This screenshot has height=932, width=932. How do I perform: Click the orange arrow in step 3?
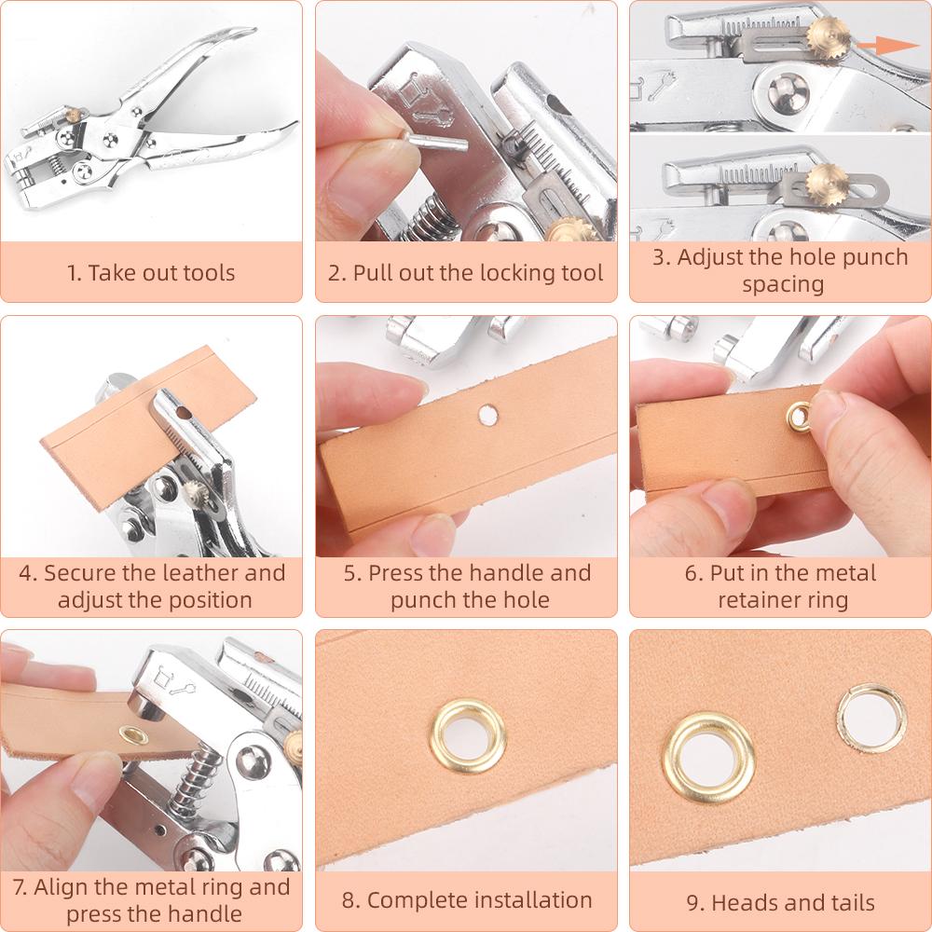[x=884, y=44]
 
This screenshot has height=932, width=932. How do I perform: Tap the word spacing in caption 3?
[x=782, y=283]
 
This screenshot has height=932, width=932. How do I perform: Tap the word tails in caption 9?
[x=845, y=902]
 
